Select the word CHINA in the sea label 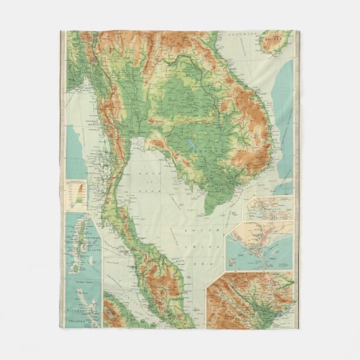(x=209, y=246)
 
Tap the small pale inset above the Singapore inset (x=269, y=210)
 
